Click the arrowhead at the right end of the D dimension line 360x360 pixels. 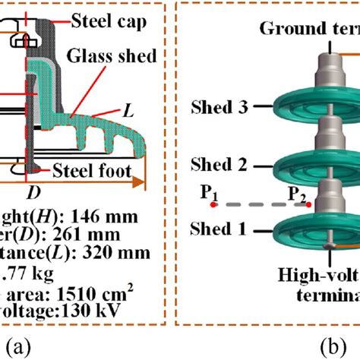pyautogui.click(x=141, y=182)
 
